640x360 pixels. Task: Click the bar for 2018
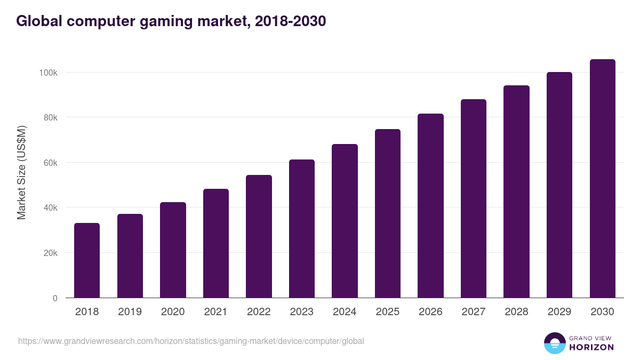(x=87, y=260)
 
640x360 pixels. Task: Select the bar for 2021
(x=215, y=243)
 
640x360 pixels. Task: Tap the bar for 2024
(x=345, y=221)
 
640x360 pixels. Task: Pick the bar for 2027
(x=474, y=198)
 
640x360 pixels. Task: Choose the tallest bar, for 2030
(x=602, y=179)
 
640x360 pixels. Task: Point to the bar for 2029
(x=559, y=185)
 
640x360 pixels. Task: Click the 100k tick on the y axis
(x=47, y=73)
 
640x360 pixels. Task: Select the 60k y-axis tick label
(x=50, y=163)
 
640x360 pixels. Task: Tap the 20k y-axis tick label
(x=50, y=253)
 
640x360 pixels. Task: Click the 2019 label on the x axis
(x=130, y=312)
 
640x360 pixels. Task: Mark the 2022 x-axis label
(x=259, y=312)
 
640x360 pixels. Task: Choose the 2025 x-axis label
(x=388, y=312)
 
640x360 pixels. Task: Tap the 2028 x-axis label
(x=516, y=312)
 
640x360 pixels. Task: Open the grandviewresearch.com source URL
(x=191, y=341)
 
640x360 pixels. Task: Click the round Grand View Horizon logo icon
(x=554, y=343)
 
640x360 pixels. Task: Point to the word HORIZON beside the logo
(x=591, y=347)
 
